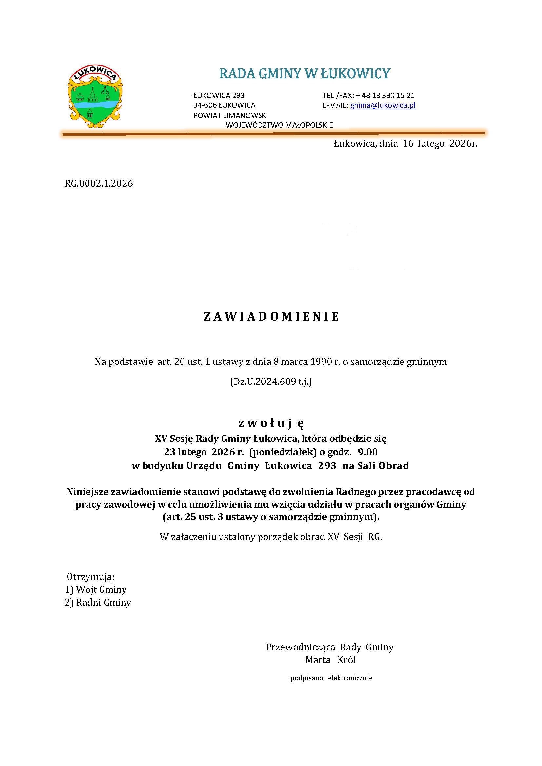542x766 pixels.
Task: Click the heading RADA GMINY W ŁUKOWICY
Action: (304, 73)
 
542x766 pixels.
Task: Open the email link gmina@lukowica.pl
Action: (382, 105)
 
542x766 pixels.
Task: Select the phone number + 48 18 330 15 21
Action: (385, 95)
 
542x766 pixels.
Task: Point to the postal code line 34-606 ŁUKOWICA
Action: (224, 105)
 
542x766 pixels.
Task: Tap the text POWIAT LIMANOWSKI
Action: (230, 115)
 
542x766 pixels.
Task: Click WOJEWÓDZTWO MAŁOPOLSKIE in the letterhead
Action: (279, 125)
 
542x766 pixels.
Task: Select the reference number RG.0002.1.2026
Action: (99, 183)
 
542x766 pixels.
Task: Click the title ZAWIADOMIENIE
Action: (271, 317)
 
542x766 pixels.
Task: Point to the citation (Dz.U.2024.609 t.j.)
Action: (271, 382)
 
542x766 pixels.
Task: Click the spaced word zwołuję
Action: (271, 423)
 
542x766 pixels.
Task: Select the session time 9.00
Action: (368, 452)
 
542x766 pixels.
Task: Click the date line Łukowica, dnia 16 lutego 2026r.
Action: (405, 144)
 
